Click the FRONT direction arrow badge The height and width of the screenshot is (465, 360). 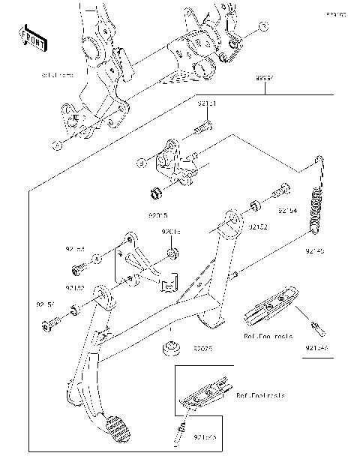pos(34,39)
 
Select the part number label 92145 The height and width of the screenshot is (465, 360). pos(314,253)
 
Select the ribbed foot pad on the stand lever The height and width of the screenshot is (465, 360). pos(118,432)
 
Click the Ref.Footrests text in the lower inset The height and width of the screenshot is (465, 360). pos(259,394)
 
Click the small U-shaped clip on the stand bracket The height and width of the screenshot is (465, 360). pos(169,283)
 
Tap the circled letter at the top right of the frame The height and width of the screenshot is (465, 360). pos(262,26)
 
